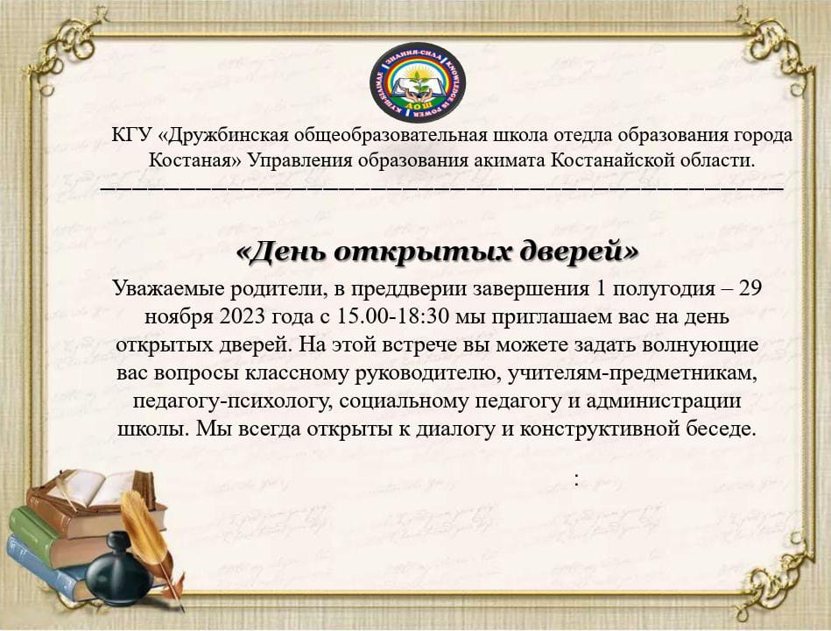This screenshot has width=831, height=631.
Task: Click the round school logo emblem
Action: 417,82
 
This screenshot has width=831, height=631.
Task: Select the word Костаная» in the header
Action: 194,160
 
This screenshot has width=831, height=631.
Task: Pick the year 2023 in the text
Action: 241,316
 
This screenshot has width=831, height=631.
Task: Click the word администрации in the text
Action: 664,401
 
